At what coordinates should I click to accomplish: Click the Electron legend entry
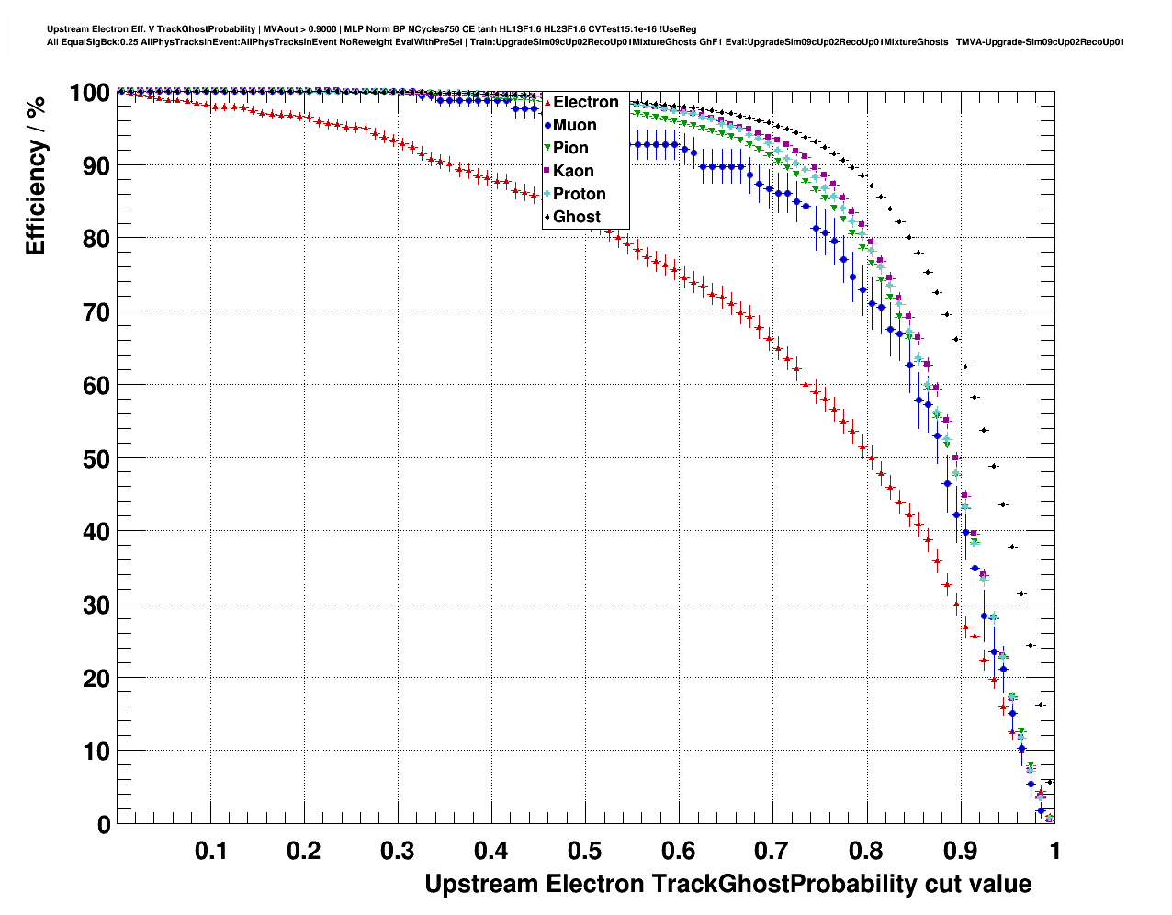click(585, 102)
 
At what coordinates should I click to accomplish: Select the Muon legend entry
click(574, 125)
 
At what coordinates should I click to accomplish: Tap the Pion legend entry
click(570, 148)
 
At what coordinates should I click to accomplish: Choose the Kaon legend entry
click(573, 171)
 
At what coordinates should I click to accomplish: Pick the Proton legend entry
click(579, 194)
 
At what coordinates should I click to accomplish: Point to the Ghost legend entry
click(576, 217)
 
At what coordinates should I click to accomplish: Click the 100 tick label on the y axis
click(89, 93)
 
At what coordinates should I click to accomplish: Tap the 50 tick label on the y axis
click(96, 458)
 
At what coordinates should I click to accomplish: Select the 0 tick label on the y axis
click(104, 825)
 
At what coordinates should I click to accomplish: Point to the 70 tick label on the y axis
click(96, 312)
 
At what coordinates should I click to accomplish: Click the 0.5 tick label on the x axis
click(585, 851)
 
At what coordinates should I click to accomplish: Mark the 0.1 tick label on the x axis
click(211, 851)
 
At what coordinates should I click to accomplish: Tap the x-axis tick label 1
click(1054, 851)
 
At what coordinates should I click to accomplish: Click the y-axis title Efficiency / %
click(36, 175)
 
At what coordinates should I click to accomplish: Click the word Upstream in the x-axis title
click(481, 885)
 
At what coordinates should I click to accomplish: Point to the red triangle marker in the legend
click(547, 102)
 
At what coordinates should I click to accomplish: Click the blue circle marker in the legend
click(547, 125)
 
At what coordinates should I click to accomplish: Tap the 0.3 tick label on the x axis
click(398, 851)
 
